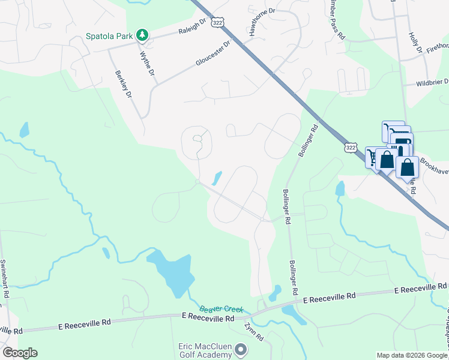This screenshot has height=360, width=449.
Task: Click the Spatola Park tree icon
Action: click(x=142, y=35)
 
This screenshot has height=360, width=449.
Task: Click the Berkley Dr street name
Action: click(x=122, y=85)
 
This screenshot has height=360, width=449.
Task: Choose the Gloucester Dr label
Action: click(x=213, y=54)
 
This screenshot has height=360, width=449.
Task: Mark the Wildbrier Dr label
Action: click(x=427, y=82)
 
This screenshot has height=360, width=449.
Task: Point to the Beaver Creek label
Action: click(x=221, y=309)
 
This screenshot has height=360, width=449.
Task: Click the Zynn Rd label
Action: click(x=255, y=334)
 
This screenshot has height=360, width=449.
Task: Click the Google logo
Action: click(x=20, y=353)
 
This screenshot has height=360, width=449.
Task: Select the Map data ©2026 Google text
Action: click(x=412, y=355)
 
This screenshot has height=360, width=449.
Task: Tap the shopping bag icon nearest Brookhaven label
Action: click(x=407, y=168)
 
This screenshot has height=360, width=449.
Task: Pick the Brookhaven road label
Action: click(x=434, y=163)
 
